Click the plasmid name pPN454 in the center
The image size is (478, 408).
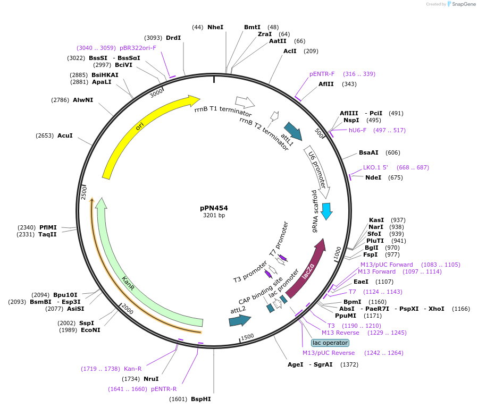pos(214,208)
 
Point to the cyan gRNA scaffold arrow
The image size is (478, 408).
pos(326,210)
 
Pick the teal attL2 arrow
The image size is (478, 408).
pos(239,320)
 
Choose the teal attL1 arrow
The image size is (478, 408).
pos(293,131)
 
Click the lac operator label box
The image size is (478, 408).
pos(330,343)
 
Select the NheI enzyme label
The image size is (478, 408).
pos(215,27)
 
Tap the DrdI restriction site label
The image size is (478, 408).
pos(173,38)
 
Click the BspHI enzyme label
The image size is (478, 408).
pos(201,399)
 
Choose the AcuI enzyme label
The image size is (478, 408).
pos(65,135)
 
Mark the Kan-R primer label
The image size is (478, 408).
pos(132,369)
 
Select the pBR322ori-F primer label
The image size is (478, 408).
pos(138,47)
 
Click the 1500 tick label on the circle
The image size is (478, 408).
pos(247,337)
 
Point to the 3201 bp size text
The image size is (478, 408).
pos(214,215)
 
